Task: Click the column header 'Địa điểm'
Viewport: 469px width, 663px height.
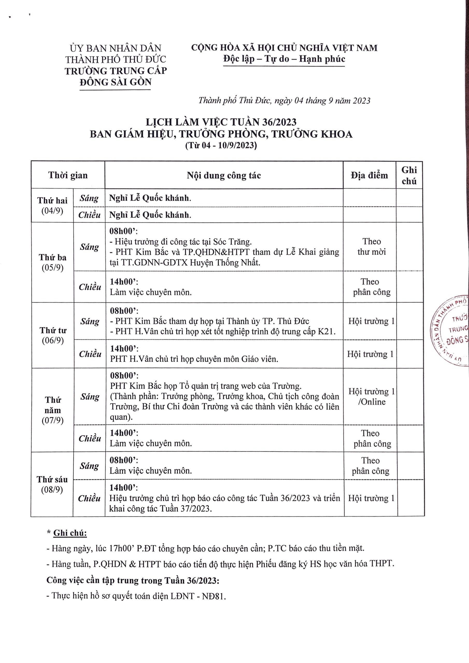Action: click(x=369, y=175)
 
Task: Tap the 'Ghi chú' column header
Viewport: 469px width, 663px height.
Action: click(x=409, y=175)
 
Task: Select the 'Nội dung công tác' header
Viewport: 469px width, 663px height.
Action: click(x=224, y=175)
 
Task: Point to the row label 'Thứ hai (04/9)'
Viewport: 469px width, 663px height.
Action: click(x=52, y=206)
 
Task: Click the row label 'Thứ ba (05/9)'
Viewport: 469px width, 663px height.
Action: click(x=53, y=262)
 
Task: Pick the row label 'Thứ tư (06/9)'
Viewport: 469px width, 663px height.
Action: click(x=53, y=335)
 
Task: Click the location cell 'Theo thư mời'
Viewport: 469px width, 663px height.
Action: click(x=372, y=246)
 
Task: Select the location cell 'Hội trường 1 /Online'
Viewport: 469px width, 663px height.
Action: click(x=372, y=397)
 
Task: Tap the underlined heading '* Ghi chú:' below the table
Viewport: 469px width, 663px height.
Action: click(x=67, y=533)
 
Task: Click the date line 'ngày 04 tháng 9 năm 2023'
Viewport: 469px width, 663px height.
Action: click(x=322, y=100)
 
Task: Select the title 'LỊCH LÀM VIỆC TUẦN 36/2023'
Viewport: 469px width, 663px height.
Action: click(x=221, y=122)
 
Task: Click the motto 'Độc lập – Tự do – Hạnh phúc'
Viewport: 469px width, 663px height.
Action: click(x=284, y=59)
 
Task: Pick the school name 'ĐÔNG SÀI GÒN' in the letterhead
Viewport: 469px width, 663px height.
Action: click(x=116, y=82)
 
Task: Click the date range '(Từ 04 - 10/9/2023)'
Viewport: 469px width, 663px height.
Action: click(x=221, y=146)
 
